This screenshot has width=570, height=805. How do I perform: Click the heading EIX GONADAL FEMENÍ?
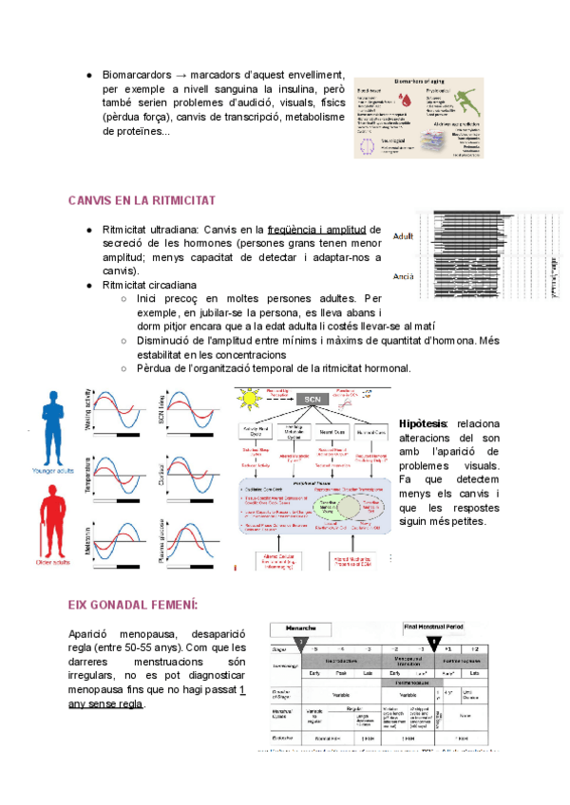[132, 604]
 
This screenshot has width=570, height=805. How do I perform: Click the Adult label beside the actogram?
[403, 236]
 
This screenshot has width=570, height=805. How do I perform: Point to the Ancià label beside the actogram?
[403, 277]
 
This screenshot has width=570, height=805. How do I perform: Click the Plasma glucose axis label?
[166, 543]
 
